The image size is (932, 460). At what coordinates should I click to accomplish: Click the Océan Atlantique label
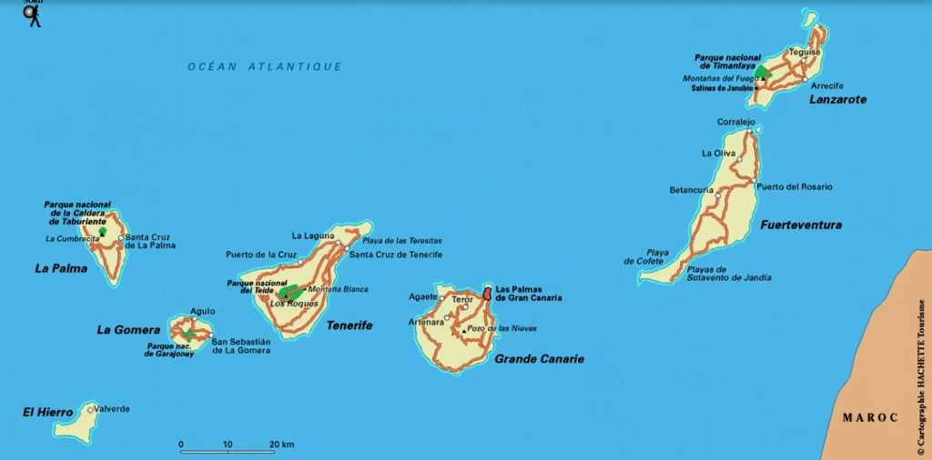(264, 66)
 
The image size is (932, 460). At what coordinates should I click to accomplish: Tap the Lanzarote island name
(837, 99)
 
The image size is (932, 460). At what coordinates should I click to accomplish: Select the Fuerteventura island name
(800, 225)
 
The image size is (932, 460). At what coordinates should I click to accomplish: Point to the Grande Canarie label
(539, 359)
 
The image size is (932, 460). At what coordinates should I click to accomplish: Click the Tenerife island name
(349, 325)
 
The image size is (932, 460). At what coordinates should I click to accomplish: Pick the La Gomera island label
(128, 330)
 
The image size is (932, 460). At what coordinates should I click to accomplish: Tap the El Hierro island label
(47, 413)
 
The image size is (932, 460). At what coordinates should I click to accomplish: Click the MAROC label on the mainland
(869, 417)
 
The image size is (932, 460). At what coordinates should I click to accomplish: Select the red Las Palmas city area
(487, 294)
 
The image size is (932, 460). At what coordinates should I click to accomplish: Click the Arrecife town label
(826, 85)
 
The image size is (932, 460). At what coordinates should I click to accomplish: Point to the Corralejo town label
(736, 122)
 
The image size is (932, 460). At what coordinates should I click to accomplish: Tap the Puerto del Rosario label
(794, 186)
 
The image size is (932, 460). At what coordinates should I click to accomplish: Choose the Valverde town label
(112, 409)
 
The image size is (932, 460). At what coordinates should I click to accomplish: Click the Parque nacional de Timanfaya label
(728, 62)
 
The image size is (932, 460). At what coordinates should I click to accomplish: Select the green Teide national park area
(290, 292)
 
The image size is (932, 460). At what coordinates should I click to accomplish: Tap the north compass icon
(33, 13)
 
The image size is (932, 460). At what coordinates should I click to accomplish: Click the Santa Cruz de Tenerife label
(395, 255)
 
